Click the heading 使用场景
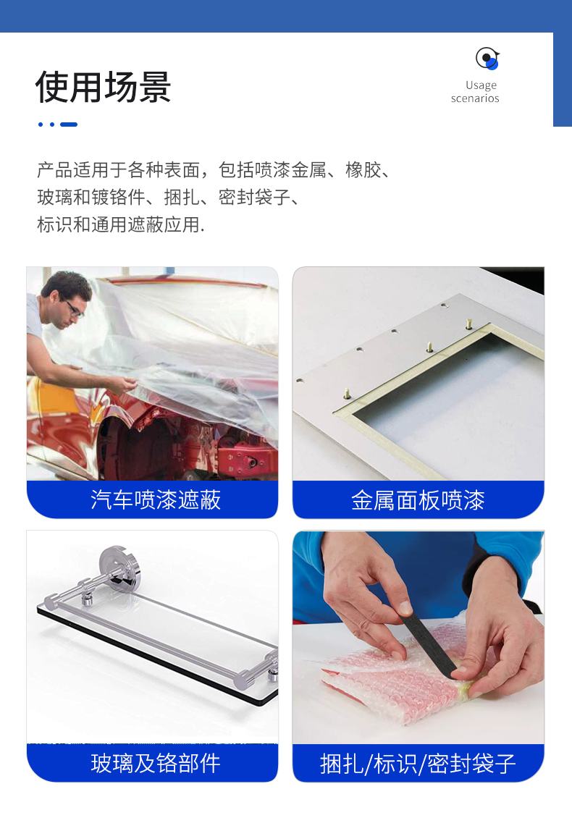point(104,87)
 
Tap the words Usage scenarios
point(475,92)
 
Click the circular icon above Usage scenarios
point(487,59)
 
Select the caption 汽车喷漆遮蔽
point(156,499)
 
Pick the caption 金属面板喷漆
point(419,500)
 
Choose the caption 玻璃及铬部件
point(156,763)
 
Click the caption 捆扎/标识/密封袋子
point(419,764)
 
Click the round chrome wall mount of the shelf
point(119,568)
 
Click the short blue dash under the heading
point(69,125)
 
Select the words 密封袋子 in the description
point(254,197)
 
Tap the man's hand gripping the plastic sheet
point(121,384)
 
